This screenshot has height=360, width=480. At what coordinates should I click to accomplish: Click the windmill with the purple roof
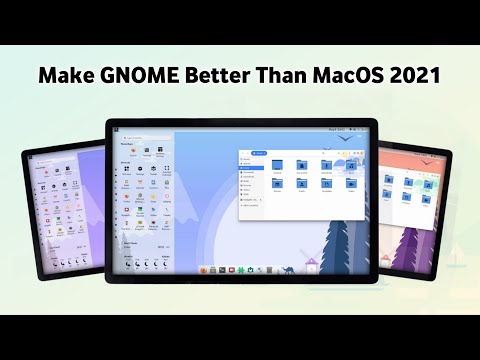(x=312, y=264)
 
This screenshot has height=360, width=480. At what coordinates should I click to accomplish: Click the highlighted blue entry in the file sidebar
(x=250, y=168)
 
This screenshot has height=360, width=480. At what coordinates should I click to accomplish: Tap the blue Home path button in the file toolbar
(x=260, y=154)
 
